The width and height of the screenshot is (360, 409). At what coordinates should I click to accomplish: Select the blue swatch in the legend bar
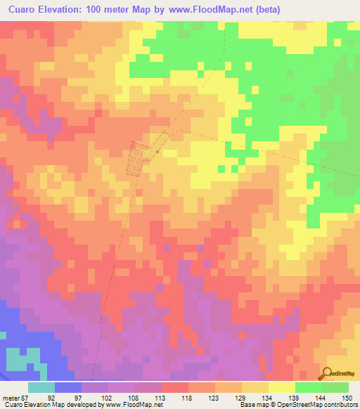[67, 387]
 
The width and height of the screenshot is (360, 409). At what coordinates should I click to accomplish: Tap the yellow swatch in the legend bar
[281, 387]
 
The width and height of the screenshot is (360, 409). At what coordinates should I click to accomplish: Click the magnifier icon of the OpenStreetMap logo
[327, 373]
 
